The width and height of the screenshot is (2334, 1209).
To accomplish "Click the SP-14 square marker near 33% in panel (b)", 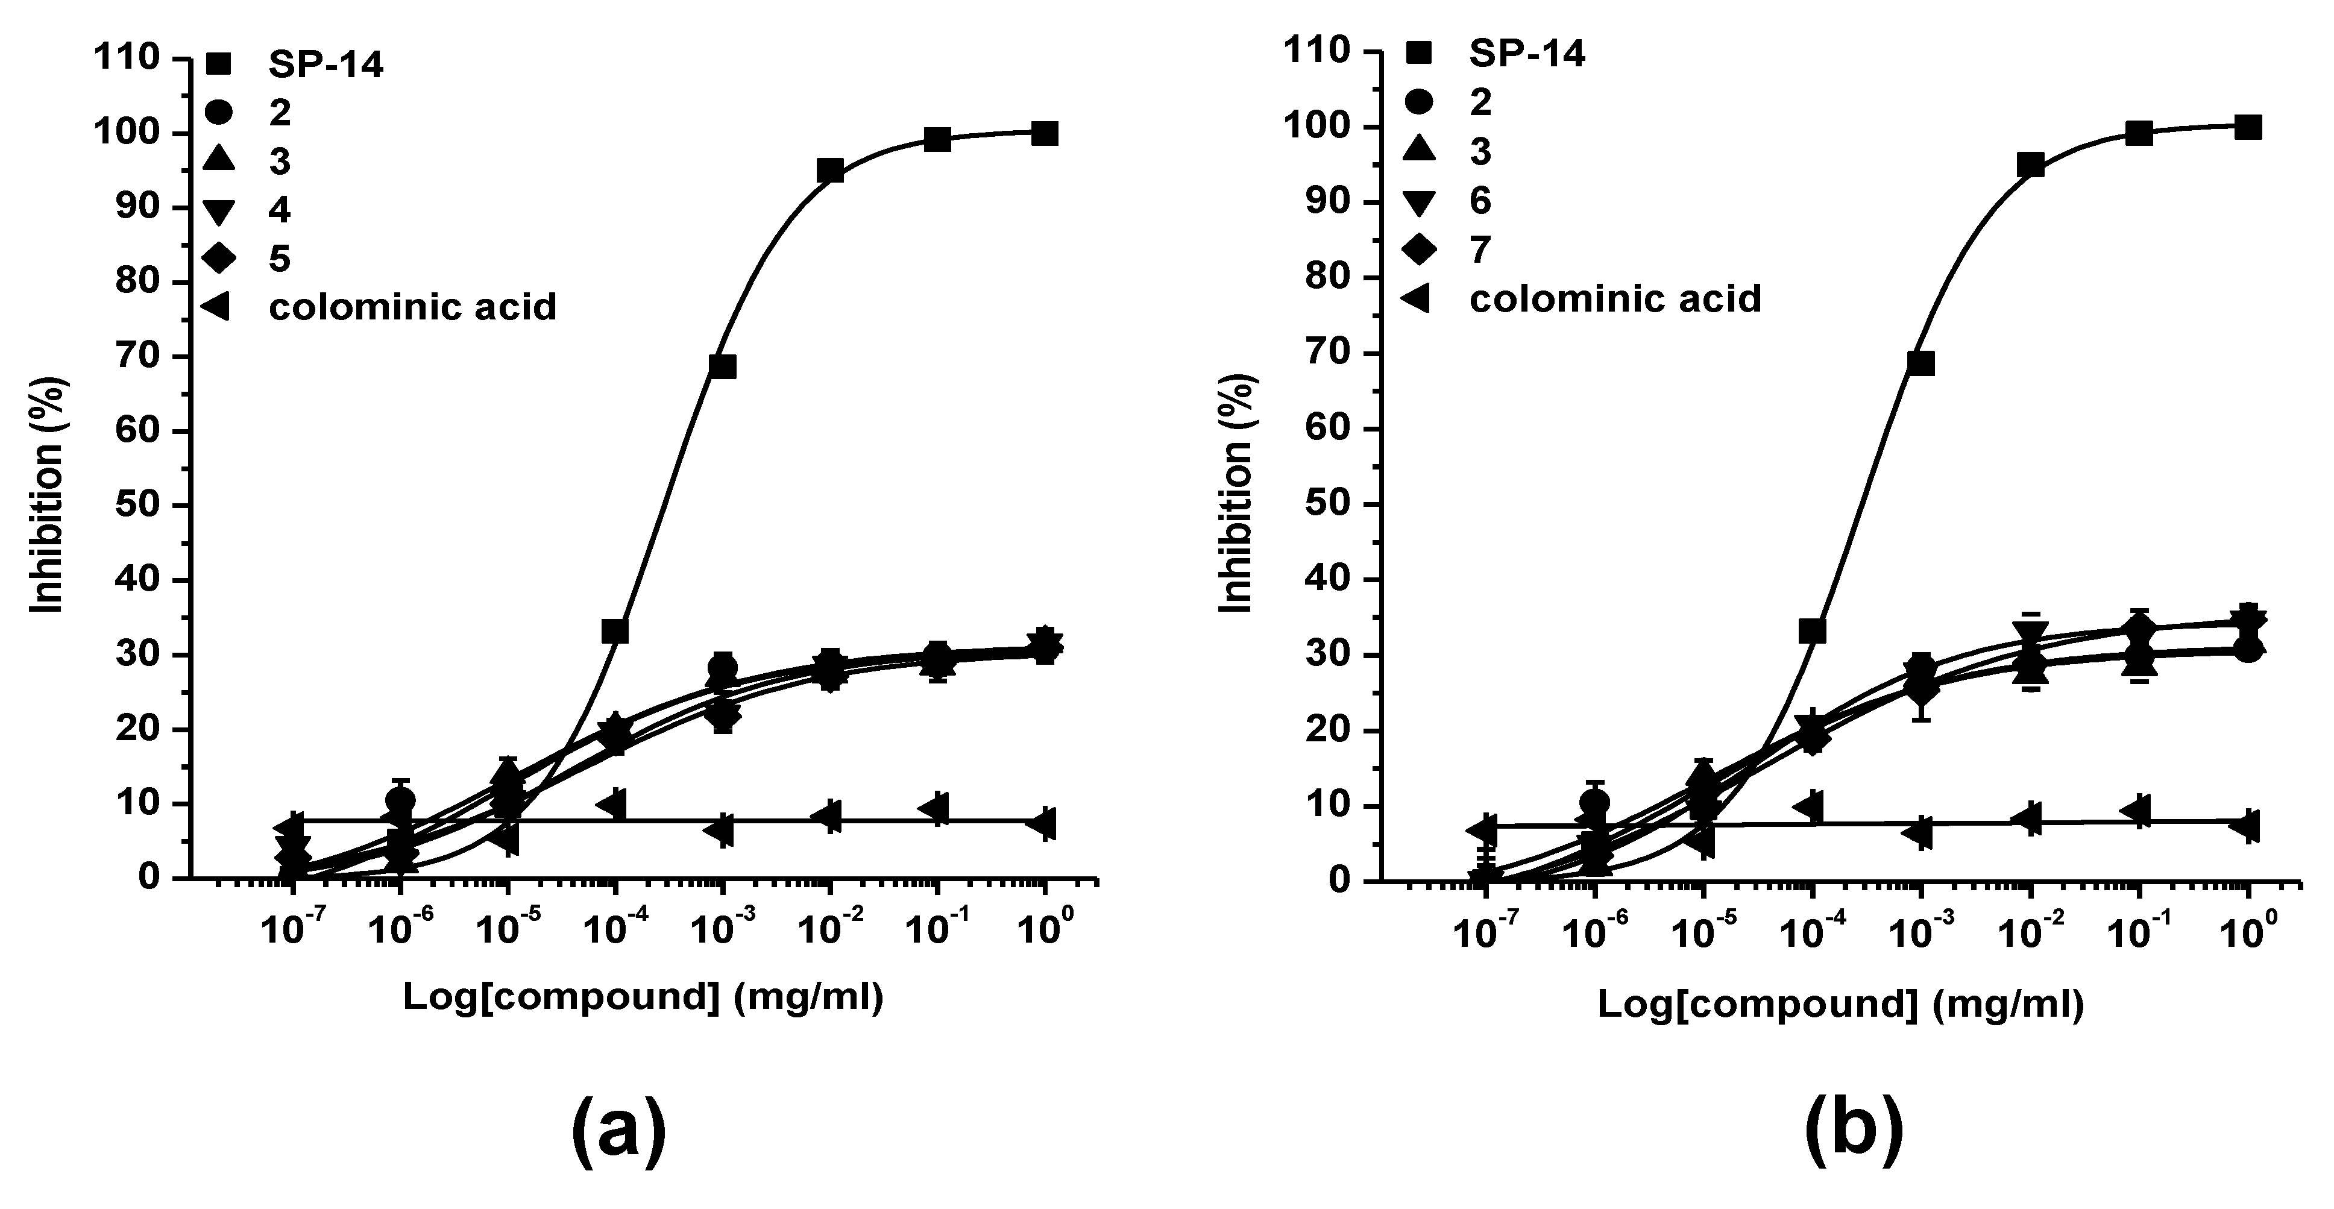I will [1812, 630].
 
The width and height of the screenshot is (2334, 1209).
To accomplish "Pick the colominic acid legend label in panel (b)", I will [1615, 298].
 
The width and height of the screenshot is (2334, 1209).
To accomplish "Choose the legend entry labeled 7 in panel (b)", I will [1480, 249].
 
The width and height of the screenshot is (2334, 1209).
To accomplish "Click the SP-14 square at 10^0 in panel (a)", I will [1045, 134].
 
